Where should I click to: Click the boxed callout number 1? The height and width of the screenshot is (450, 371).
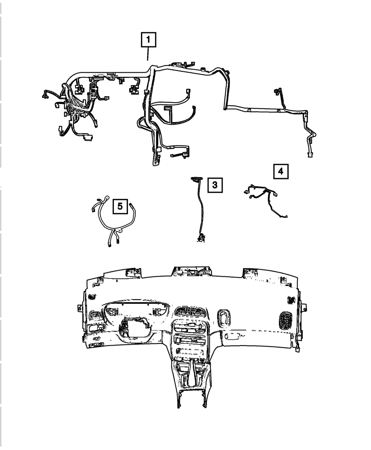148,39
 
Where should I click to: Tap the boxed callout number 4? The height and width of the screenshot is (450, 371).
281,171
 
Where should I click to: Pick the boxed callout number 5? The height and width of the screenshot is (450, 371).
120,206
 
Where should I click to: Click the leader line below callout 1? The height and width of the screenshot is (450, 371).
148,54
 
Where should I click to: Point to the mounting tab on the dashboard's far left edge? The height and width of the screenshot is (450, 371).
79,308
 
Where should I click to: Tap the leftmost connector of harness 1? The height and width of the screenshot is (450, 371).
45,96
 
